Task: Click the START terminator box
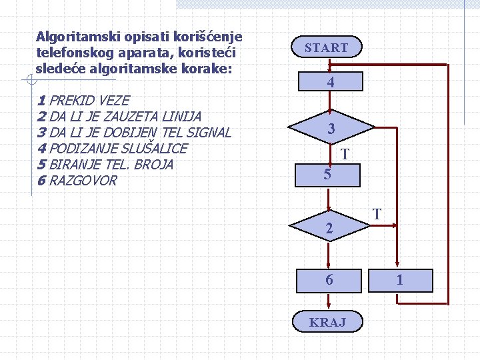pos(327,47)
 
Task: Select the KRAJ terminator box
pos(327,323)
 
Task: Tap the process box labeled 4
pos(330,83)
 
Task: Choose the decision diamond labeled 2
pos(329,228)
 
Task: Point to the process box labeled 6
pos(329,280)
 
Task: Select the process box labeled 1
pos(399,280)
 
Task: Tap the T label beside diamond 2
pos(377,214)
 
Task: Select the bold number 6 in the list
pos(41,181)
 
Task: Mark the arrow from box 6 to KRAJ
pos(329,301)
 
